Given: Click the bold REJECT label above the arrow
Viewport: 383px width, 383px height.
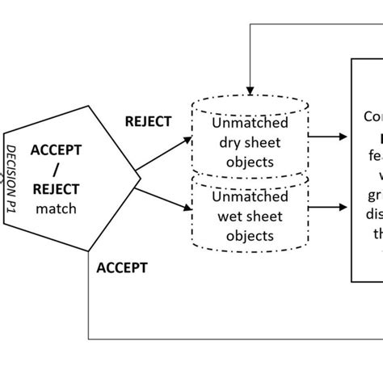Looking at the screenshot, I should point(148,121).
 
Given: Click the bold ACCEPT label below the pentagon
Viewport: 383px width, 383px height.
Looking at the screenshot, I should point(121,266).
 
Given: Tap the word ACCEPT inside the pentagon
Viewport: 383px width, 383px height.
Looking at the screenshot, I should point(57,149).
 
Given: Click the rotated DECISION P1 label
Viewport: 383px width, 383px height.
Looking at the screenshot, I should point(13,174).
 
